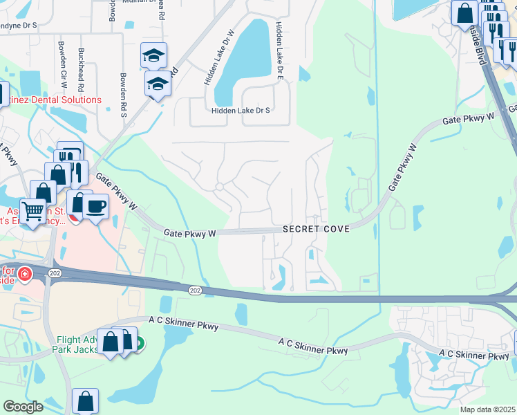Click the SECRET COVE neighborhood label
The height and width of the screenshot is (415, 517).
[315, 229]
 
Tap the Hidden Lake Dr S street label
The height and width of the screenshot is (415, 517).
[241, 110]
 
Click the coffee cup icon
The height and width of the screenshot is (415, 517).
[96, 205]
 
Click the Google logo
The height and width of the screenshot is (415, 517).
[23, 407]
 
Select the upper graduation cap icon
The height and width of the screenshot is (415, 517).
[153, 55]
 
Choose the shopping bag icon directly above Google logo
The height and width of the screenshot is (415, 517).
[85, 400]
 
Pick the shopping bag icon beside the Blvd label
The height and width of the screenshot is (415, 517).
[465, 12]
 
